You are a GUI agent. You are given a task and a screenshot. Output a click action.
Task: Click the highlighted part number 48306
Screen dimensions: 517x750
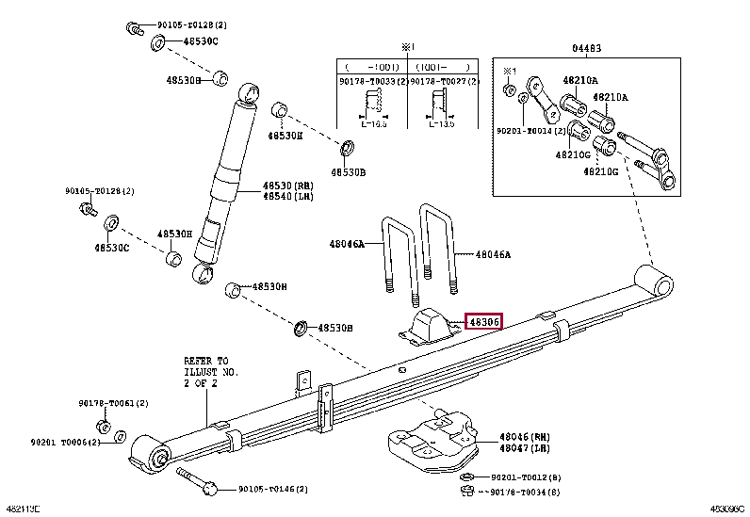coord(484,322)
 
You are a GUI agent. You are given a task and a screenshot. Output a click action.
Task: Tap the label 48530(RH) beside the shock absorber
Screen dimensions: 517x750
coord(287,186)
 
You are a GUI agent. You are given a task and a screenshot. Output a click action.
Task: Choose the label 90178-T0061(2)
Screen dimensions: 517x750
coord(113,403)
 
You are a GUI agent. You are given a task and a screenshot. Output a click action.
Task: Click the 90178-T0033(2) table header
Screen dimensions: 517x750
coord(373,82)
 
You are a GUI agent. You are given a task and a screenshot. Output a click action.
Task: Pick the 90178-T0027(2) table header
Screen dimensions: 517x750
coord(444,82)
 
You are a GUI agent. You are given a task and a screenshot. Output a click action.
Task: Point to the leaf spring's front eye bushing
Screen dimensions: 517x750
coord(150,455)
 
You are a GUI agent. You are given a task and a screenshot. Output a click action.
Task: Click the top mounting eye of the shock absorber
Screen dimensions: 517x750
coord(250,92)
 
